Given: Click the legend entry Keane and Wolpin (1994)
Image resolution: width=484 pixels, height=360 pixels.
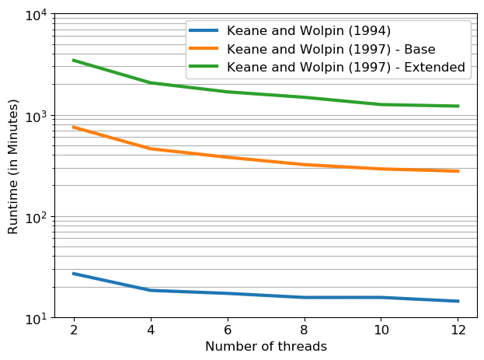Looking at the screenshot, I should click(308, 30).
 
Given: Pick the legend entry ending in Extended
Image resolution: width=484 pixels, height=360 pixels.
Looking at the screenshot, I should click(346, 67).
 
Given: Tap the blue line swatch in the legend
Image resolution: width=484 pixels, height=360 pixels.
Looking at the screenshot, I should click(206, 30).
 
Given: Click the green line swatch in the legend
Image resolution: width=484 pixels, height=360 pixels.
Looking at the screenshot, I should click(206, 67).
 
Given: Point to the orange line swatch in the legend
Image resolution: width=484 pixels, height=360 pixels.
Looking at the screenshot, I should click(206, 49).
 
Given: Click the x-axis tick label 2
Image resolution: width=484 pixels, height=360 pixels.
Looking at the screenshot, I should click(74, 330).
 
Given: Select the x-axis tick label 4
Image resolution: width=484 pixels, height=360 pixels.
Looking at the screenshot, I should click(151, 330).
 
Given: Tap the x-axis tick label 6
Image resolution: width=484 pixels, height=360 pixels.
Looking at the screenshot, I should click(228, 330).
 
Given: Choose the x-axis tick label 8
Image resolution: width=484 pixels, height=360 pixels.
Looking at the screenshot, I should click(305, 330).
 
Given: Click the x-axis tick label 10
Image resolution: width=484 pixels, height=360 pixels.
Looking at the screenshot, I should click(381, 330).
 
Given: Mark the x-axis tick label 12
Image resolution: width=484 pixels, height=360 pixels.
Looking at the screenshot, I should click(458, 330).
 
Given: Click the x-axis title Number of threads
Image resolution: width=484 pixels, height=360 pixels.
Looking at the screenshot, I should click(266, 347).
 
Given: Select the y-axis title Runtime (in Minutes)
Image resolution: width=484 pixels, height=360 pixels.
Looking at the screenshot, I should click(13, 166).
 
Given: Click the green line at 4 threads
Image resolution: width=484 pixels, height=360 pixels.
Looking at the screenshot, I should click(151, 82).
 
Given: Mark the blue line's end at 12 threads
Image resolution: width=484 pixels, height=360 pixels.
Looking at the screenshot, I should click(458, 301).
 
